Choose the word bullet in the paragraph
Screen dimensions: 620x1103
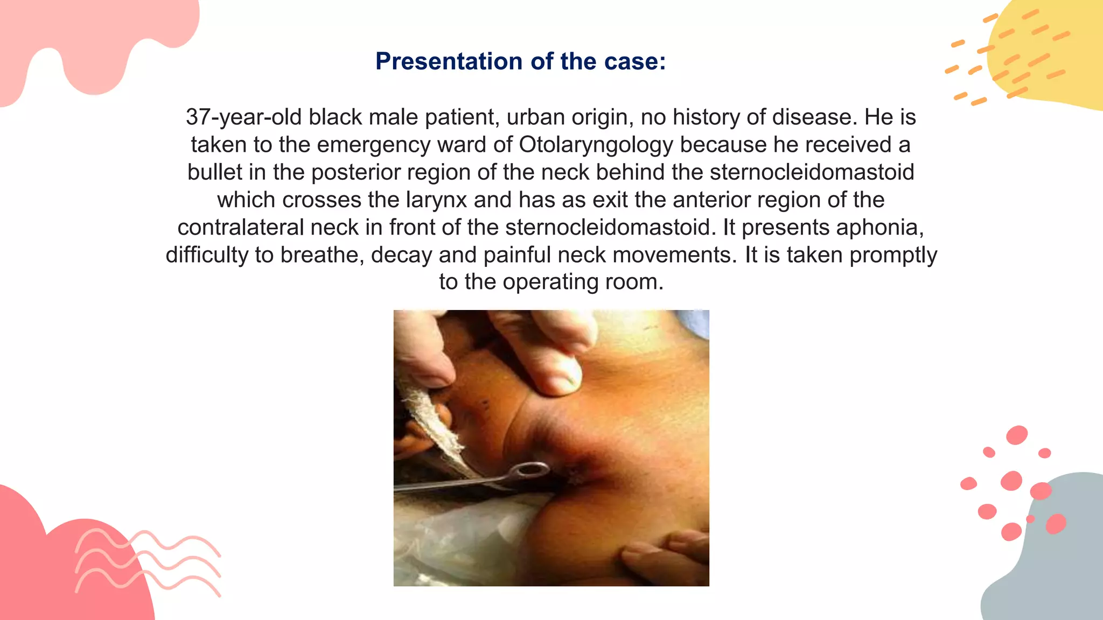[x=214, y=172]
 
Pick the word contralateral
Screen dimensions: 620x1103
[x=240, y=227]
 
